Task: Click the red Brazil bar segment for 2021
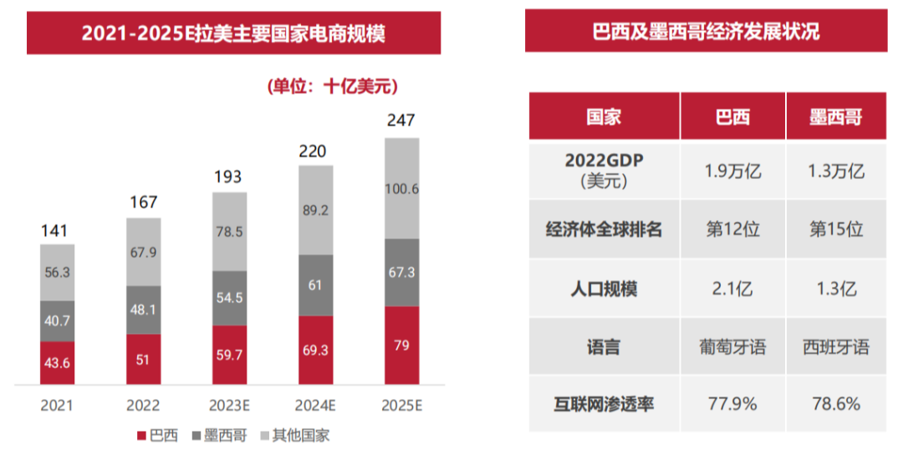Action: point(57,363)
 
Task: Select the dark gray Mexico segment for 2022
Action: point(143,310)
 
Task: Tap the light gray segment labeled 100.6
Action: point(401,189)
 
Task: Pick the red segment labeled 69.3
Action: point(315,350)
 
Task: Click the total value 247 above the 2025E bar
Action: point(401,120)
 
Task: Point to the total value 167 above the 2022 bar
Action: point(143,202)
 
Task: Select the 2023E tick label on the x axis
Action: point(229,405)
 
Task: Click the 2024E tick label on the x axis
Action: point(315,405)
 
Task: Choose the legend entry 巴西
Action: point(156,436)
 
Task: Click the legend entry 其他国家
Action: point(292,436)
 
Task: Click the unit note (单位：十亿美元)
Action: point(332,86)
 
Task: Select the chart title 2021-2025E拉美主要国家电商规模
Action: point(233,33)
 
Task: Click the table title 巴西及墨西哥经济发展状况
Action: point(705,32)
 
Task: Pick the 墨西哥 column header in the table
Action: point(834,116)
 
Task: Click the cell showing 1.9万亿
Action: point(732,172)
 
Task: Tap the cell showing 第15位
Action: point(834,229)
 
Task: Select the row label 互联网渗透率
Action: point(604,404)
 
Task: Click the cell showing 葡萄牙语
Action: point(732,346)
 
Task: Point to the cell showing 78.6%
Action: point(834,404)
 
